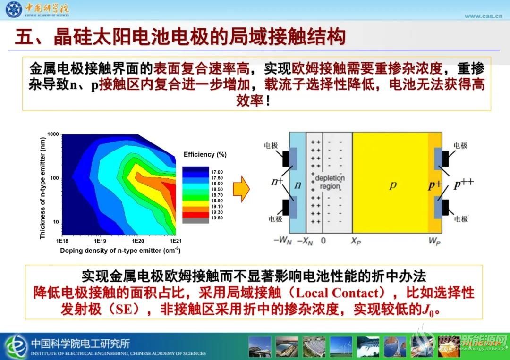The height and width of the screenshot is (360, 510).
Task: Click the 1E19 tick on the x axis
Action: [100, 241]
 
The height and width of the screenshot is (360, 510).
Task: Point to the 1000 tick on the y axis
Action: [53, 134]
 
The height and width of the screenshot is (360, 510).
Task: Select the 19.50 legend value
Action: [217, 218]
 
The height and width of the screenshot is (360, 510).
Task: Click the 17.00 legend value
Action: [217, 172]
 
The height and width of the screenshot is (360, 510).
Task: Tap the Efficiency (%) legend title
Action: [205, 155]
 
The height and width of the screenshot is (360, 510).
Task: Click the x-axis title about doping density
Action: [120, 251]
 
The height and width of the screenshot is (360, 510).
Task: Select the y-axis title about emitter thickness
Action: [42, 188]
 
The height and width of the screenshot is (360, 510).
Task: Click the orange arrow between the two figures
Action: [241, 189]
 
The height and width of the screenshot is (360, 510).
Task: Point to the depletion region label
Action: [330, 182]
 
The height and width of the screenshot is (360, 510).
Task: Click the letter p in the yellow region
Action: [393, 185]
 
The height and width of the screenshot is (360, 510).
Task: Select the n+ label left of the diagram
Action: [277, 181]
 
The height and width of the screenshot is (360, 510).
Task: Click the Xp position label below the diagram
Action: [356, 241]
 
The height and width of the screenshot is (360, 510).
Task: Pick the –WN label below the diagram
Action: [283, 241]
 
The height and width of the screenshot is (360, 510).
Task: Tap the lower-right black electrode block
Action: [445, 207]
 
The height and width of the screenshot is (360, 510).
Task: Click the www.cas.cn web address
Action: [484, 16]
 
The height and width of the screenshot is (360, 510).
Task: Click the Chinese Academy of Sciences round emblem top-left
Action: [14, 9]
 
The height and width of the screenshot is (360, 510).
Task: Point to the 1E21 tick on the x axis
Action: [176, 241]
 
